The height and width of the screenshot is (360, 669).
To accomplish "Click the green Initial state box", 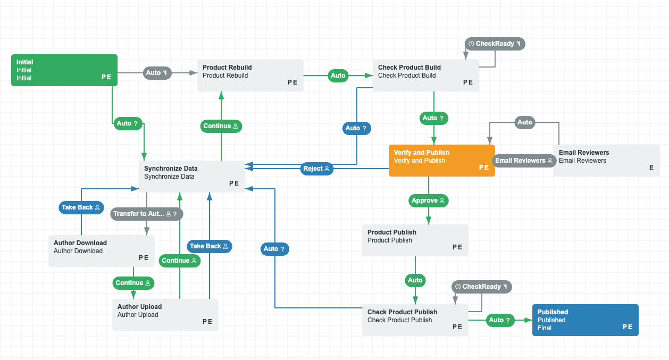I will click(x=64, y=70).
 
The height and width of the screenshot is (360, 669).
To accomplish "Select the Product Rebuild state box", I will click(x=250, y=75).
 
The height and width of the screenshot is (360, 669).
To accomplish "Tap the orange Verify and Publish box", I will click(x=441, y=160).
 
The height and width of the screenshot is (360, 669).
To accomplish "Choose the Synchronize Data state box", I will click(x=191, y=176).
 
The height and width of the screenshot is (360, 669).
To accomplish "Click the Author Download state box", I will click(x=101, y=250).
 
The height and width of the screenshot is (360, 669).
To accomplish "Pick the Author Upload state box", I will click(x=165, y=314).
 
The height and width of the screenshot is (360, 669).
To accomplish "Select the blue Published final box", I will click(x=585, y=320).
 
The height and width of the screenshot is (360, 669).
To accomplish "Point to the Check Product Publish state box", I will click(x=415, y=320).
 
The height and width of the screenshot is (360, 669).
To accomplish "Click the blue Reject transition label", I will click(x=316, y=169).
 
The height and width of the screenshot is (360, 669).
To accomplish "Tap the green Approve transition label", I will click(x=429, y=200).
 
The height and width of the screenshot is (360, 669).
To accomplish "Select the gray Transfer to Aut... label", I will click(x=147, y=214).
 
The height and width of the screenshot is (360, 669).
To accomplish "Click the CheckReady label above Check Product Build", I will click(x=495, y=44).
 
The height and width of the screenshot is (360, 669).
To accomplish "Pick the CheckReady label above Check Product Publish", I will click(x=481, y=287).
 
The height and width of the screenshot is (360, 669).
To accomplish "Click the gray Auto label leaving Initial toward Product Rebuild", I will click(x=157, y=73).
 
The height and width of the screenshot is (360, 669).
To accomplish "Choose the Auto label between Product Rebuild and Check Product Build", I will click(x=338, y=76).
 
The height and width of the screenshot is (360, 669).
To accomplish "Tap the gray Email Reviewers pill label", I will click(x=524, y=161).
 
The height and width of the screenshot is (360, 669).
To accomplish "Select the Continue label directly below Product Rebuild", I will click(x=221, y=126).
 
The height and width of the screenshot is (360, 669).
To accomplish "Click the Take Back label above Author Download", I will click(x=81, y=207).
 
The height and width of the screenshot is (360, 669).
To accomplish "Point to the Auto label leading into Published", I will click(x=500, y=320).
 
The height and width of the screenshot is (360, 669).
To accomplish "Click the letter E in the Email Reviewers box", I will click(x=651, y=167).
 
